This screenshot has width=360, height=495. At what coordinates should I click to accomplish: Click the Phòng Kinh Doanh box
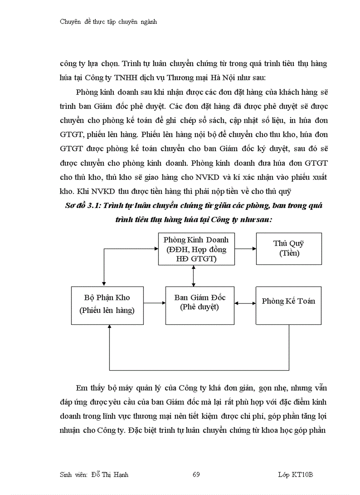tap(196, 249)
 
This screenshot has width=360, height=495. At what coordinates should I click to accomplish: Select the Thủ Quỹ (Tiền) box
tap(289, 249)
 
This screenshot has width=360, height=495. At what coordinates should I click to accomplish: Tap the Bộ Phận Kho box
tap(107, 305)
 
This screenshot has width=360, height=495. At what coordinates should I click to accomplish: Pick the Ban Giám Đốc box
tap(199, 305)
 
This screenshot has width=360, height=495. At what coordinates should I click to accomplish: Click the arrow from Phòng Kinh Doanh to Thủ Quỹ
tap(245, 249)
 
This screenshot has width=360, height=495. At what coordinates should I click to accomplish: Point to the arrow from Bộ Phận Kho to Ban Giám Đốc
tap(154, 303)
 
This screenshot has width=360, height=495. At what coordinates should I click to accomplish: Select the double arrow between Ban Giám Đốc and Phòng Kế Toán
tap(245, 303)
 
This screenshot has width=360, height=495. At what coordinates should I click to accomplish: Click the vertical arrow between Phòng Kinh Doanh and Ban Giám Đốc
tap(193, 275)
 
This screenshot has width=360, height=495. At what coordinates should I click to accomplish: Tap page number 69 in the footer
tap(196, 475)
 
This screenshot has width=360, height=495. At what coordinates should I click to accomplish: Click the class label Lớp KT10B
tap(295, 475)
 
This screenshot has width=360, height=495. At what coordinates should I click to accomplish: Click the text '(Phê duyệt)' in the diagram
tap(199, 307)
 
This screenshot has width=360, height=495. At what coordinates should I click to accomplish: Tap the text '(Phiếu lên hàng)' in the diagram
tap(107, 310)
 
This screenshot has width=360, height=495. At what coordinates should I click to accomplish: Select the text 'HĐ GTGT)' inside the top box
tap(196, 259)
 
